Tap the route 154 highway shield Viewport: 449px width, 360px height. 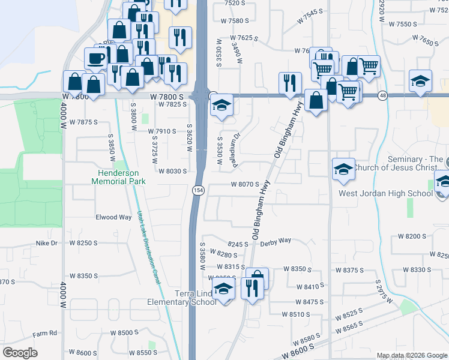[197, 190]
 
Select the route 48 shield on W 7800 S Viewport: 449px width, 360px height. [382, 95]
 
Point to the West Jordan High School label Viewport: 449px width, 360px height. [385, 193]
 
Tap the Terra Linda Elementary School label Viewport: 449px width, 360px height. [182, 298]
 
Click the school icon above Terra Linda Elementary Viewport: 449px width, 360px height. [223, 288]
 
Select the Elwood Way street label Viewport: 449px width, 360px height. [113, 217]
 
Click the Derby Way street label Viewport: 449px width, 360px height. [275, 240]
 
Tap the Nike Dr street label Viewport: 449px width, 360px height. [46, 243]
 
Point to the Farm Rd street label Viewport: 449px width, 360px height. [44, 333]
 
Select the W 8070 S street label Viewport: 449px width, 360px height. [245, 185]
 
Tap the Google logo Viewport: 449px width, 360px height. [20, 353]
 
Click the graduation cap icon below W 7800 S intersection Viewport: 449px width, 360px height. [221, 107]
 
